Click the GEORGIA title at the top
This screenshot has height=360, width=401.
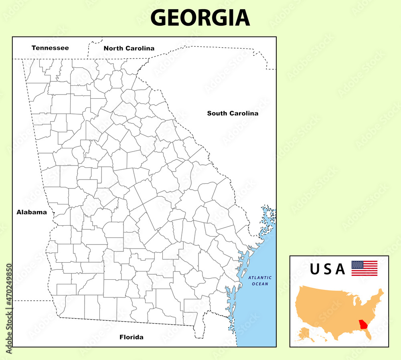[200, 18]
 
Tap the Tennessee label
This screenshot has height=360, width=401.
[50, 48]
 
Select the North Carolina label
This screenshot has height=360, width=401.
[129, 48]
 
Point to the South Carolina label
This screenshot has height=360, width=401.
[233, 113]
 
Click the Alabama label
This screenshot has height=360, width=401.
[32, 212]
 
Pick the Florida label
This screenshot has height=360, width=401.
[132, 337]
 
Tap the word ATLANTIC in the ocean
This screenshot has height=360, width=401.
[260, 277]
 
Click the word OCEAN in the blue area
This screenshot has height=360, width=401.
[260, 284]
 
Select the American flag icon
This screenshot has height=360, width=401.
[364, 268]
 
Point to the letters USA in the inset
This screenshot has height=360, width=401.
[327, 269]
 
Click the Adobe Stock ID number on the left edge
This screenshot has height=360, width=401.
[9, 309]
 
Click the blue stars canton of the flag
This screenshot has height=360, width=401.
[357, 265]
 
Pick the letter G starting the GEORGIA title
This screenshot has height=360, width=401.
[159, 18]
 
